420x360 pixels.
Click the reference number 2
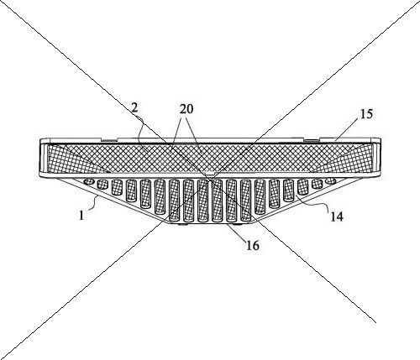[134, 107]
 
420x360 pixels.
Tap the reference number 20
[186, 109]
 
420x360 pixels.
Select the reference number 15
[366, 114]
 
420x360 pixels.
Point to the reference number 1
[81, 216]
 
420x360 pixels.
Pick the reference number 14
[336, 217]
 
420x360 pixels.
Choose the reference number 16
[253, 245]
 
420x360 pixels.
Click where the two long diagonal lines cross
[210, 179]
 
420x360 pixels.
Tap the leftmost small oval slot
[89, 181]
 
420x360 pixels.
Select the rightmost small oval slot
[331, 181]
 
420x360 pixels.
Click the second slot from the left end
[102, 185]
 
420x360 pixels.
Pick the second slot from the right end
[318, 184]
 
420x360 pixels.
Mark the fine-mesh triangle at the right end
[344, 159]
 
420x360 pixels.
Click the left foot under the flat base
[182, 224]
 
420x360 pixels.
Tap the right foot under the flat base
[239, 224]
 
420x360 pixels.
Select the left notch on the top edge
[110, 138]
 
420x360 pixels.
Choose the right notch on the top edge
[312, 138]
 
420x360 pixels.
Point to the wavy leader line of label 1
[93, 202]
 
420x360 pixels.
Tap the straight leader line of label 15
[348, 128]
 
